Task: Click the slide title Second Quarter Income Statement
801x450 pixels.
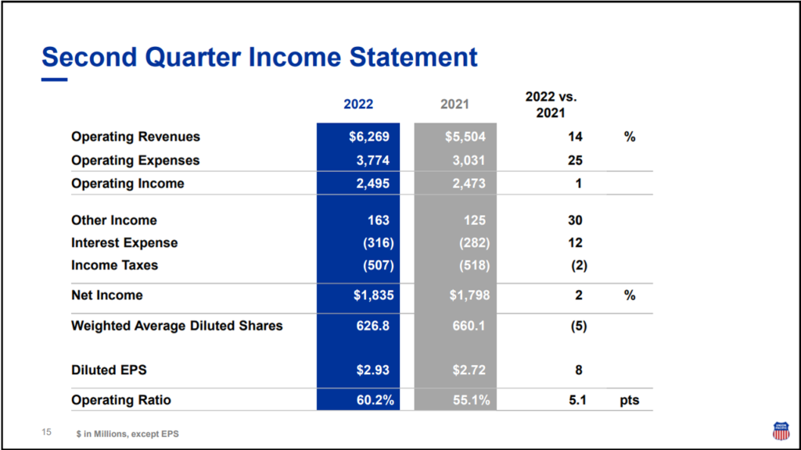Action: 259,57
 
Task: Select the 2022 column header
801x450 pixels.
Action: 358,104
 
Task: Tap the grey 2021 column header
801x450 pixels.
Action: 454,104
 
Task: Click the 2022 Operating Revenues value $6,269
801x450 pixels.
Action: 369,137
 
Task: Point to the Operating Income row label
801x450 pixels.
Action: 128,184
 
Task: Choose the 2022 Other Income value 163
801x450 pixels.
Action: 377,220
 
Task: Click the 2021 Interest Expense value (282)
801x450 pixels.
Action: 474,243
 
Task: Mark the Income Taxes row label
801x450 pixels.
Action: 114,266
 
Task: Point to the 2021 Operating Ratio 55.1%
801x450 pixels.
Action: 470,400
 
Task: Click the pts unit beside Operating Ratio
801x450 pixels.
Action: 630,400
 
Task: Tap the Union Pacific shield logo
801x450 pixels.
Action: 780,430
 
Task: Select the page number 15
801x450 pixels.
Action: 46,432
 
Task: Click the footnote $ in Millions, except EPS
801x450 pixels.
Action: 128,434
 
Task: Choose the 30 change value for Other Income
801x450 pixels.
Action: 575,220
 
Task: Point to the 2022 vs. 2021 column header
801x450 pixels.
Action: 551,104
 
